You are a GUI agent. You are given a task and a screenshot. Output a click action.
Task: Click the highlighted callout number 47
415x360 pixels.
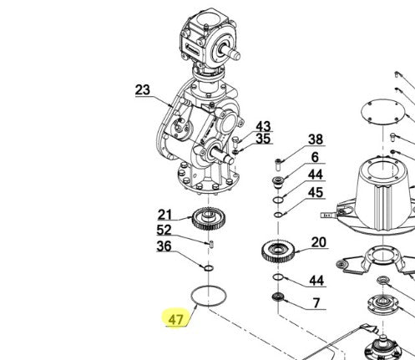click(x=176, y=319)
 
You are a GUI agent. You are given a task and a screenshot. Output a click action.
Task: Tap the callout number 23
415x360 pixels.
click(x=143, y=90)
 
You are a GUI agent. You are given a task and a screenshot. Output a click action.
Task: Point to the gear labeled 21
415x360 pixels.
click(x=208, y=219)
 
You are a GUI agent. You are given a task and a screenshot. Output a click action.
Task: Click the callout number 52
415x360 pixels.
click(x=164, y=230)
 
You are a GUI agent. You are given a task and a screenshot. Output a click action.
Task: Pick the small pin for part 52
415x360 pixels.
click(x=211, y=245)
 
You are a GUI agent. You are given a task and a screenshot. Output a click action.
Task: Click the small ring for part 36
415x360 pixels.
click(x=209, y=268)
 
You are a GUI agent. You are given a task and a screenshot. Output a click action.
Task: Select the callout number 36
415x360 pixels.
click(x=164, y=246)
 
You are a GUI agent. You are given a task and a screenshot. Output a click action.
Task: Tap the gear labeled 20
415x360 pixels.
click(x=278, y=251)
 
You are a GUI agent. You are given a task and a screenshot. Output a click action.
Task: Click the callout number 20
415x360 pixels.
click(x=319, y=242)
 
